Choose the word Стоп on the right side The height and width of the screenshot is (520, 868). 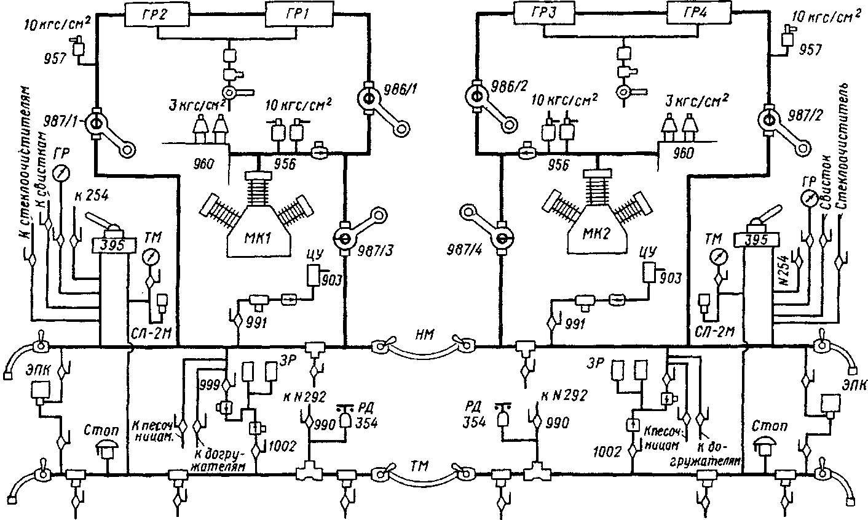[766, 426]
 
